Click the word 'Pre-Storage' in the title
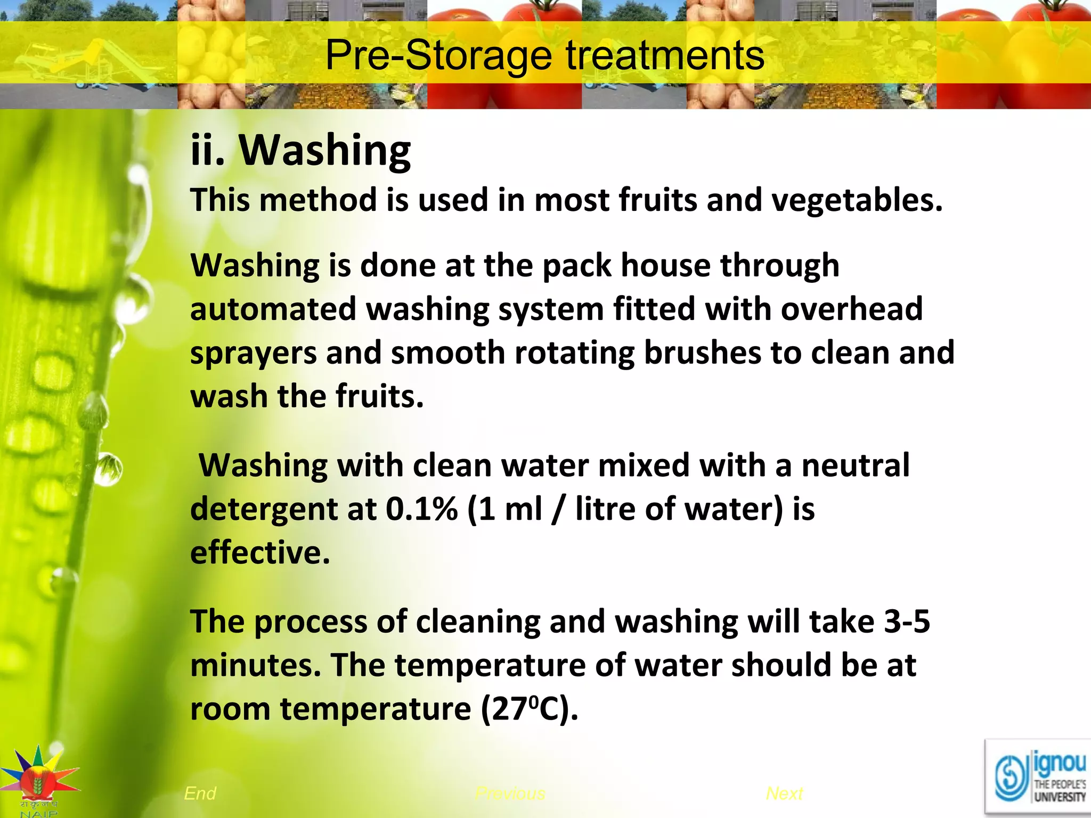coord(438,55)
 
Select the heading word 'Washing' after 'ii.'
coord(324,151)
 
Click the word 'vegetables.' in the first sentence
coord(857,200)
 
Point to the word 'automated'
coord(273,309)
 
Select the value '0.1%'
coord(421,509)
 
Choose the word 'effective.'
coord(260,553)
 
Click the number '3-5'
coord(907,621)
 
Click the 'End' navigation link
coord(200,794)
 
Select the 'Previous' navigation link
coord(510,794)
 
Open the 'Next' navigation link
coord(784,794)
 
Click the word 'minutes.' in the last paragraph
coord(256,666)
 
